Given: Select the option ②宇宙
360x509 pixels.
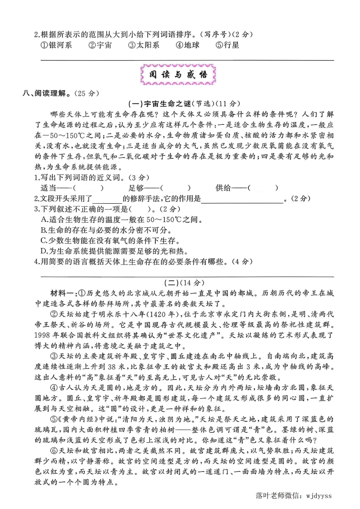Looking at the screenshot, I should pyautogui.click(x=100, y=45).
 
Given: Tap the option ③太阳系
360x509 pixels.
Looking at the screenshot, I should pyautogui.click(x=143, y=45).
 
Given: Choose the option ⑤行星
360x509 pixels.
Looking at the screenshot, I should pyautogui.click(x=227, y=45).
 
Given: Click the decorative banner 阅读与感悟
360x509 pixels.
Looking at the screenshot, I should pyautogui.click(x=178, y=75).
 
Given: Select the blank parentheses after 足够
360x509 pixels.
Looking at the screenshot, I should pyautogui.click(x=176, y=188).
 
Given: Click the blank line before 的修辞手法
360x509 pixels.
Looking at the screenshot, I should pyautogui.click(x=108, y=199).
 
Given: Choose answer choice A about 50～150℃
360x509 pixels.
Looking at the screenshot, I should pyautogui.click(x=121, y=219).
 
